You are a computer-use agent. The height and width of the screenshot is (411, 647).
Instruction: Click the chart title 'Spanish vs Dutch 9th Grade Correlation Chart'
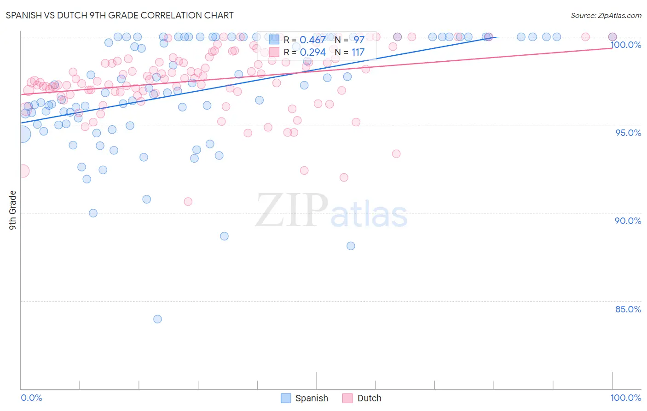[x=120, y=15]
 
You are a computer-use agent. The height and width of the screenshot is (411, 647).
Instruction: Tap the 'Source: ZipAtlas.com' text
[x=606, y=15]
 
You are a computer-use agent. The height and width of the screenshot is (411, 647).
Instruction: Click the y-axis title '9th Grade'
[x=12, y=210]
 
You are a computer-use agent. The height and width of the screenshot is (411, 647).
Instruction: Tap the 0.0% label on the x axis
[x=31, y=398]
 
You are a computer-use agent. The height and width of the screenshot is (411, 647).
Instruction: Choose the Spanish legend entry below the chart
[x=305, y=398]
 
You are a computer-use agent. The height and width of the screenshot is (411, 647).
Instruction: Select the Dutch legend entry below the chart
[x=362, y=398]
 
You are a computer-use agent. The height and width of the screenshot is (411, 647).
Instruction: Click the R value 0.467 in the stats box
[x=312, y=40]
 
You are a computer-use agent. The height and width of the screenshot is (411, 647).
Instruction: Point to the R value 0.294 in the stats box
[x=312, y=53]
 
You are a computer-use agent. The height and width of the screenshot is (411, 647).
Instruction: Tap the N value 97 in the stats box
[x=359, y=40]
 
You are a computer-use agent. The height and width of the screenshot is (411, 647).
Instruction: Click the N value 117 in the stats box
[x=358, y=53]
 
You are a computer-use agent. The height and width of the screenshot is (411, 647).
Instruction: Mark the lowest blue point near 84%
[x=157, y=319]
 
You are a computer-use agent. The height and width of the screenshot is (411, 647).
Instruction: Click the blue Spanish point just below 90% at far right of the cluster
[x=351, y=246]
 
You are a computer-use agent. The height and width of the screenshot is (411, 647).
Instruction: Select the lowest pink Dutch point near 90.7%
[x=188, y=201]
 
